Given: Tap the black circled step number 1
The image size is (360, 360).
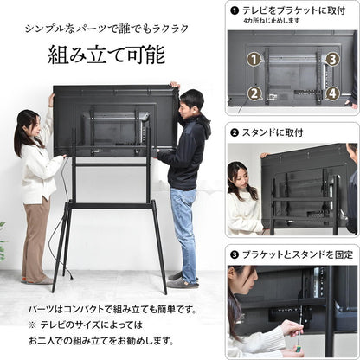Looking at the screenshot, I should click(235, 10).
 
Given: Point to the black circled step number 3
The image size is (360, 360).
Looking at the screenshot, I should click(235, 256).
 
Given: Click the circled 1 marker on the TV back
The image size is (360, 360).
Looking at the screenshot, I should click(253, 60).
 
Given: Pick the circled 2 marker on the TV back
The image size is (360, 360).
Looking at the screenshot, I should click(253, 93).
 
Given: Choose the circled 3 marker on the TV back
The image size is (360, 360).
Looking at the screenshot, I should click(332, 60).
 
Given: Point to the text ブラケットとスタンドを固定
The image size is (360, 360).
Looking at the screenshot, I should click(293, 256).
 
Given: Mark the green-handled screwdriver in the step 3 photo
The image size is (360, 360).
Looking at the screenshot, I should click(296, 345).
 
